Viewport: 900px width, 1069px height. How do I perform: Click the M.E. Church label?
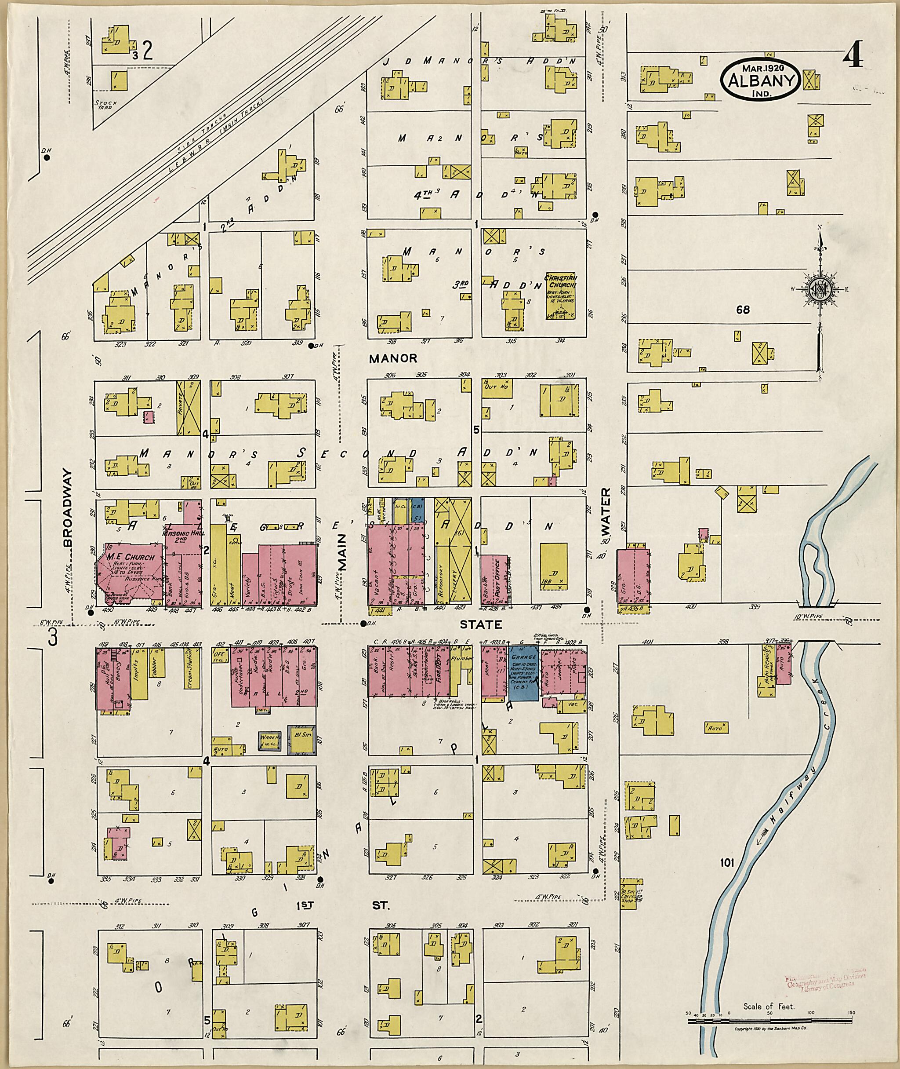131,557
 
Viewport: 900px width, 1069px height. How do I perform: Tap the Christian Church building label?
560,281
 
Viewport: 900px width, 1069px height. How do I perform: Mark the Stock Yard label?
106,105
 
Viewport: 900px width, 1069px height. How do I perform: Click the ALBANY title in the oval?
760,80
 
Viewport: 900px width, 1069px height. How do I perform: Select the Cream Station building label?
189,668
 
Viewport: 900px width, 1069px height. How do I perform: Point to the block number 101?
726,863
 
